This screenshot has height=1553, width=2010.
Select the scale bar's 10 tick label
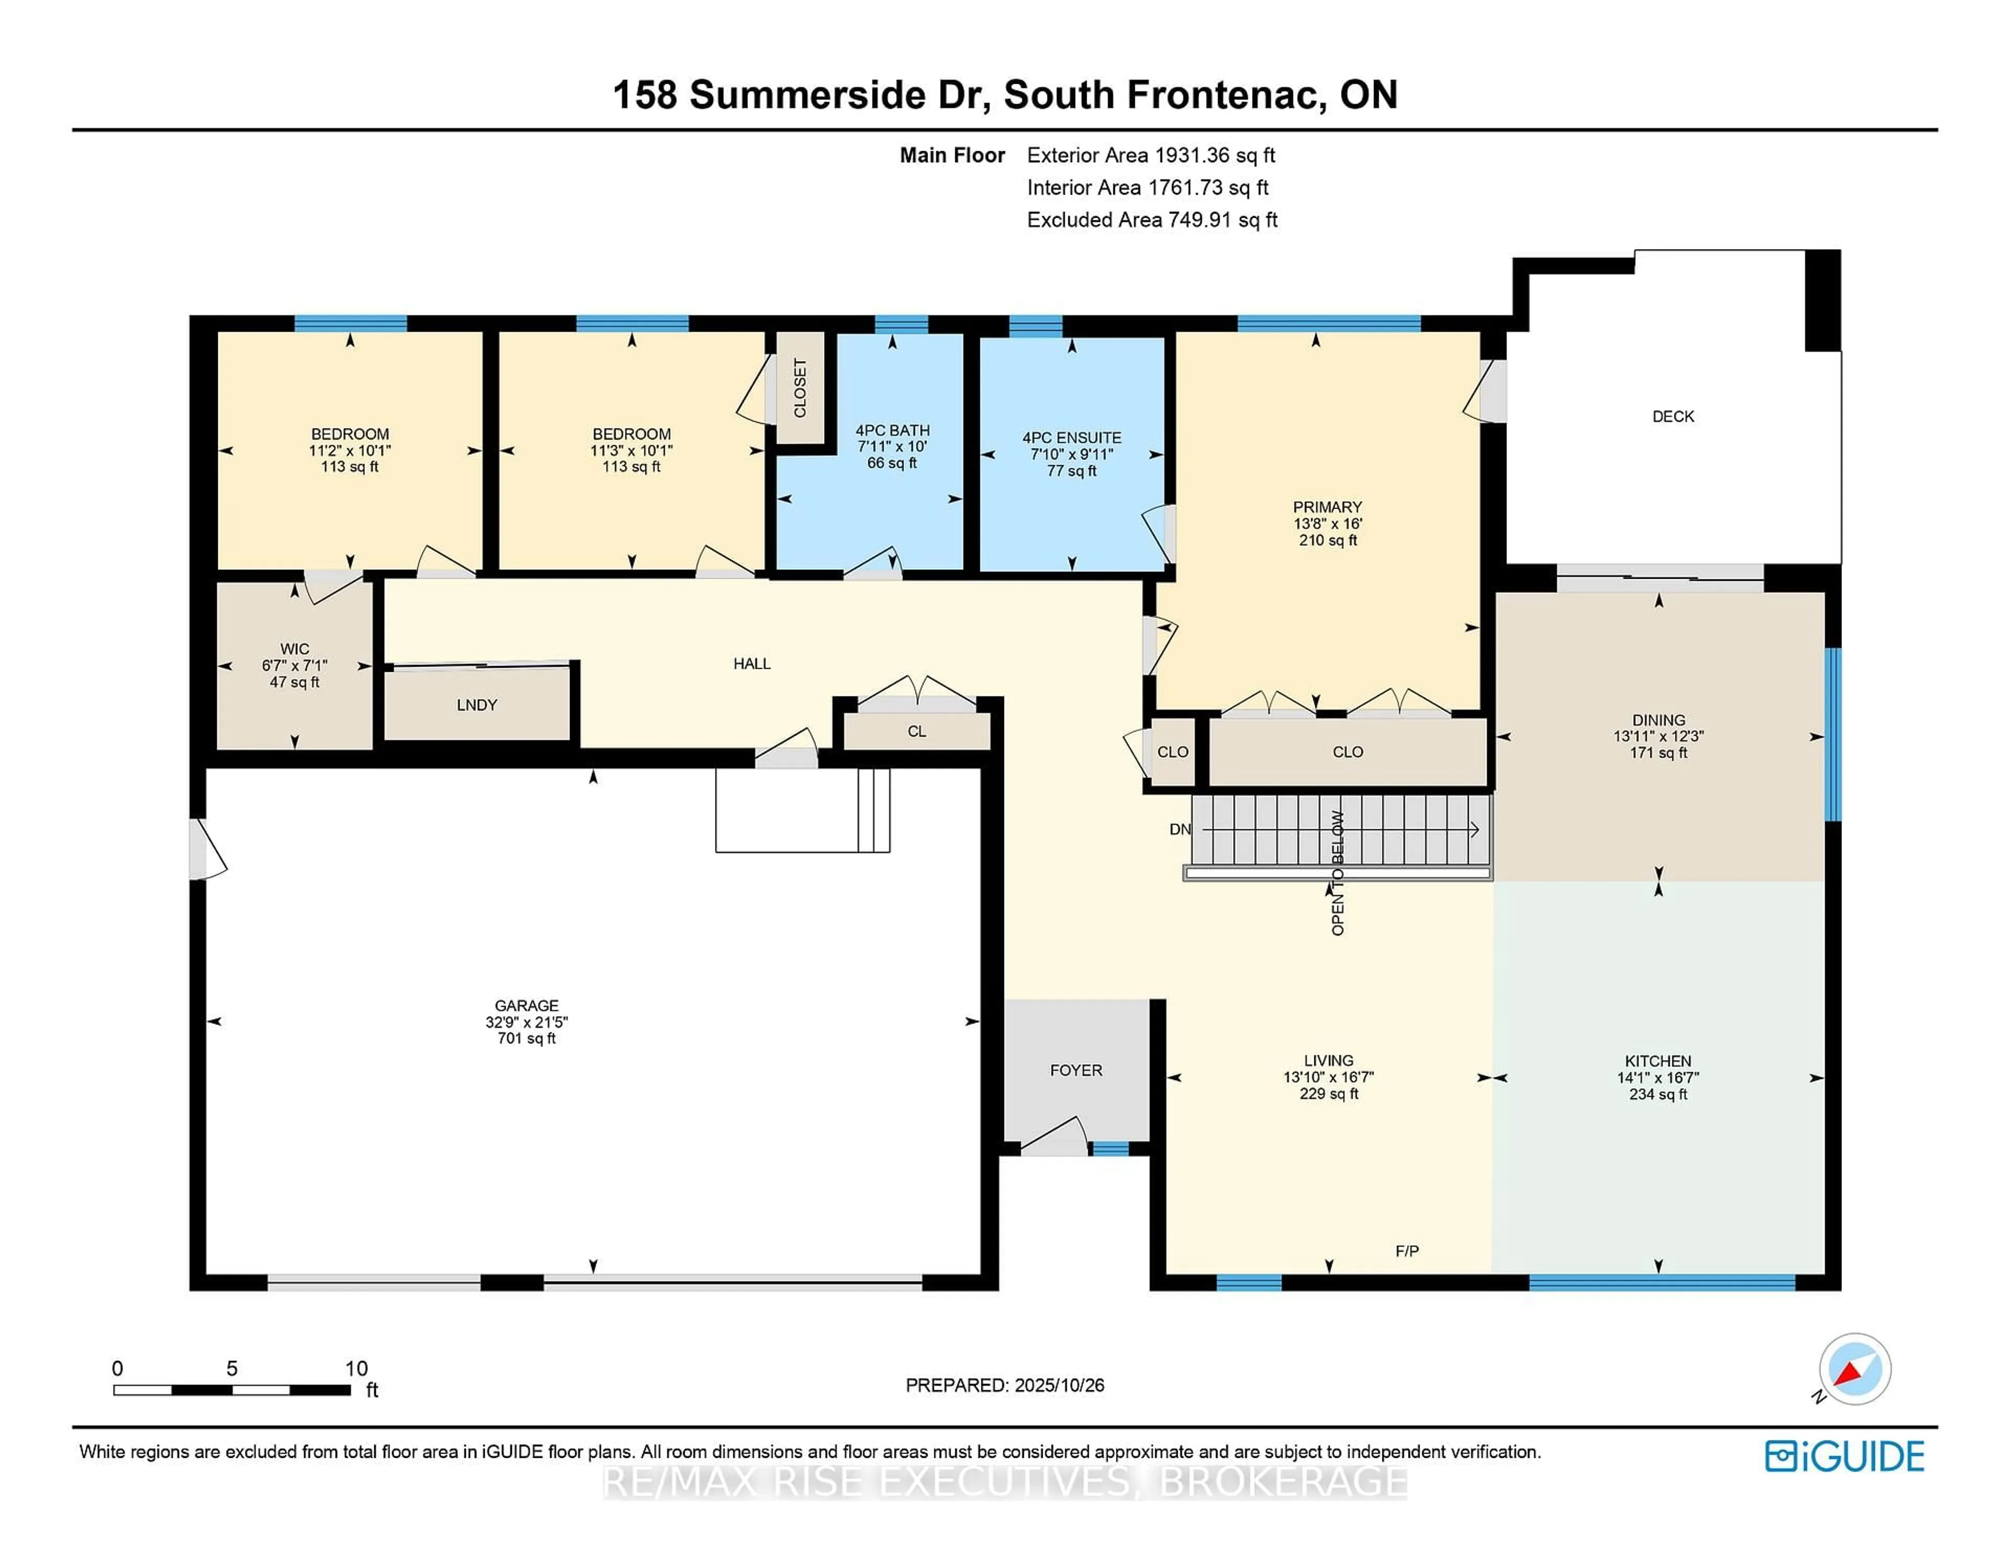pos(356,1368)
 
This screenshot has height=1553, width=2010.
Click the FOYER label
pos(1076,1070)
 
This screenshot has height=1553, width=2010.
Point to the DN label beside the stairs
pos(1180,829)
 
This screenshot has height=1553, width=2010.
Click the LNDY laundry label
pos(477,705)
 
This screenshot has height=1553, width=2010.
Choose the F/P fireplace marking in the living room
pos(1406,1251)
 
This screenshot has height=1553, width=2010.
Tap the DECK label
pos(1672,416)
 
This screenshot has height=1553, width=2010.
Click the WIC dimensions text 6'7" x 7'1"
pos(295,665)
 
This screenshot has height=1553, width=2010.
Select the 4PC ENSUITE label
pos(1071,438)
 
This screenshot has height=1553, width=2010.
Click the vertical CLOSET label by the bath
pos(800,387)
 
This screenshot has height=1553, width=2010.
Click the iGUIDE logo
pos(1845,1456)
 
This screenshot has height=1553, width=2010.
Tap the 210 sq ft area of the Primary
pos(1327,540)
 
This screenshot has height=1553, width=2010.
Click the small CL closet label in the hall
pos(917,732)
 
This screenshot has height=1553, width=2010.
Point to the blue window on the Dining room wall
pos(1833,734)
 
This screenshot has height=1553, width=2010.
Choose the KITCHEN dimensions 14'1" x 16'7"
pos(1658,1077)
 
